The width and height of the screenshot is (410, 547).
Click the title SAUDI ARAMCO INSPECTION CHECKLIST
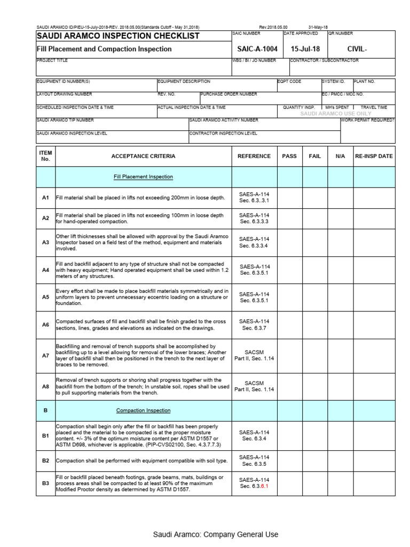click(118, 36)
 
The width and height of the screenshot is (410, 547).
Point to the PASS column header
click(289, 156)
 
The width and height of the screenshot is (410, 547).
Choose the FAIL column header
click(315, 156)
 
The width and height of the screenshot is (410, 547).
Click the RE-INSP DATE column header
click(374, 156)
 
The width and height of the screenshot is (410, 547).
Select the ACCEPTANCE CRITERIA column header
click(143, 156)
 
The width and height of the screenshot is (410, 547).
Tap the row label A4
click(45, 270)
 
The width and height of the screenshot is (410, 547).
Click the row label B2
click(45, 460)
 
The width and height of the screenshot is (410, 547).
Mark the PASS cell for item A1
click(289, 198)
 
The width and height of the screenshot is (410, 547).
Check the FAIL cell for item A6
click(315, 325)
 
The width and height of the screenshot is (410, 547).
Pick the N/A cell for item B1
click(341, 436)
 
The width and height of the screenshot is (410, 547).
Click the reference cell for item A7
click(254, 355)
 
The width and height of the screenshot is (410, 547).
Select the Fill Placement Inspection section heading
click(143, 177)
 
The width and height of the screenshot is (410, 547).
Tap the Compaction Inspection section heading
click(143, 410)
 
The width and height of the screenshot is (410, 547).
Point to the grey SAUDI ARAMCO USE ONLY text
click(336, 114)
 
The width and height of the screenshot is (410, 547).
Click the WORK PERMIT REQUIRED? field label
click(368, 120)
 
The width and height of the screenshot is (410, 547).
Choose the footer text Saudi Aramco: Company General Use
click(216, 534)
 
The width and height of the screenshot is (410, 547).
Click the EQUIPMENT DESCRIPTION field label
click(184, 82)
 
